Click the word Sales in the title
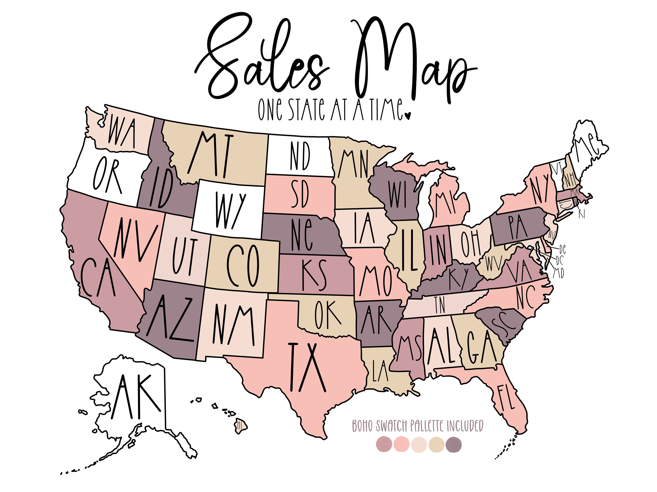click(261, 59)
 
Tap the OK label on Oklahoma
click(328, 315)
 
